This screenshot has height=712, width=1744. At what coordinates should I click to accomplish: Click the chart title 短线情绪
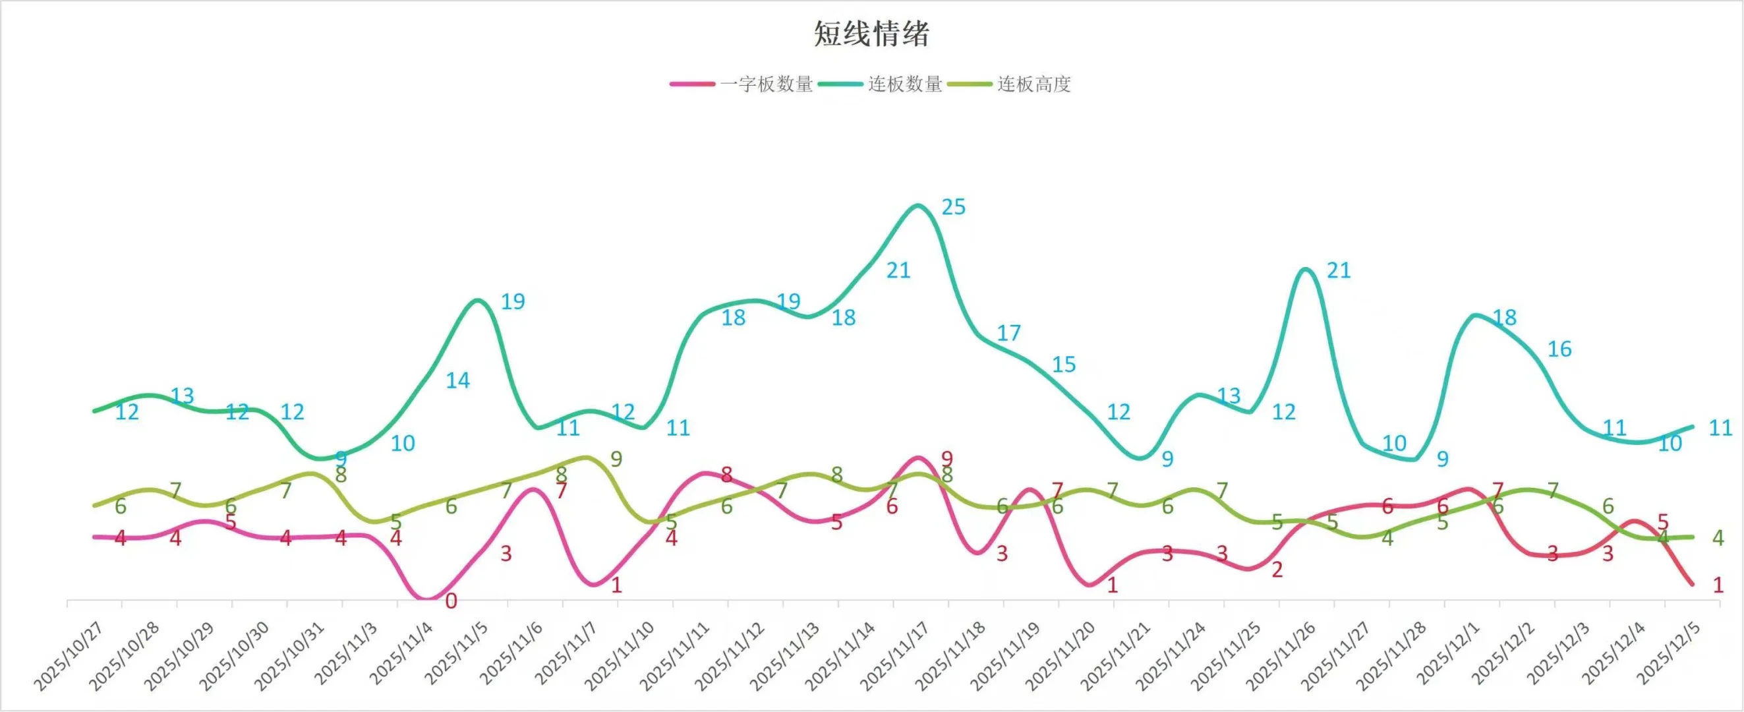(x=871, y=34)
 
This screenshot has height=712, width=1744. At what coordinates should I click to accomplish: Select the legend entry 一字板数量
(x=766, y=84)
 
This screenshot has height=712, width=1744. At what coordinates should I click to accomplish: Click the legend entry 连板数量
(x=904, y=84)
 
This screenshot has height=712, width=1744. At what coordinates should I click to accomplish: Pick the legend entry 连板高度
(x=1033, y=84)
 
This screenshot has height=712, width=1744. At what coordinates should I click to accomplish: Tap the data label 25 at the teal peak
(x=953, y=207)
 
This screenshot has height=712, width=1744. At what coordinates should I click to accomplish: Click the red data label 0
(x=451, y=601)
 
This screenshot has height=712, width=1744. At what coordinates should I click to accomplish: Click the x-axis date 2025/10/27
(x=69, y=655)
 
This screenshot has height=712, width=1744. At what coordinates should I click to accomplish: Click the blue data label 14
(x=457, y=381)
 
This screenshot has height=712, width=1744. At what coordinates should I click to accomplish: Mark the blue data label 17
(x=1008, y=334)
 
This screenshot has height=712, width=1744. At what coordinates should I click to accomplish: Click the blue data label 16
(x=1559, y=349)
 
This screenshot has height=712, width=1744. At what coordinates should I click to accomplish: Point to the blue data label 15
(x=1064, y=365)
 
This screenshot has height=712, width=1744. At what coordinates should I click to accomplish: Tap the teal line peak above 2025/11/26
(x=1305, y=270)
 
